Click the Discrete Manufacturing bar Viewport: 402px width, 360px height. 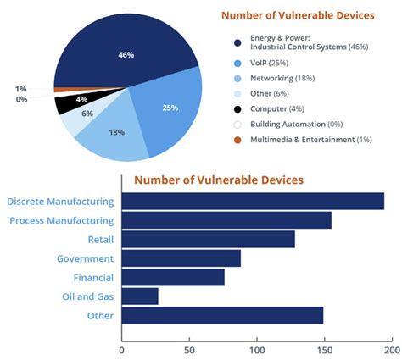click(253, 201)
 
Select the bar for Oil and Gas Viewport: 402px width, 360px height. click(140, 296)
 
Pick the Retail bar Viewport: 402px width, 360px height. click(209, 239)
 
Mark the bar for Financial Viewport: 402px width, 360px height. click(173, 277)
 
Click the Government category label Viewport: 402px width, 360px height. click(85, 258)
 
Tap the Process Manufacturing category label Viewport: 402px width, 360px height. click(61, 220)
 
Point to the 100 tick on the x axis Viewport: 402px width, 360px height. click(257, 348)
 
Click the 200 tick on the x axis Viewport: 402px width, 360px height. click(391, 348)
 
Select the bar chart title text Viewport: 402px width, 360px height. click(219, 180)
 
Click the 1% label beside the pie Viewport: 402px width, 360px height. click(20, 88)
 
